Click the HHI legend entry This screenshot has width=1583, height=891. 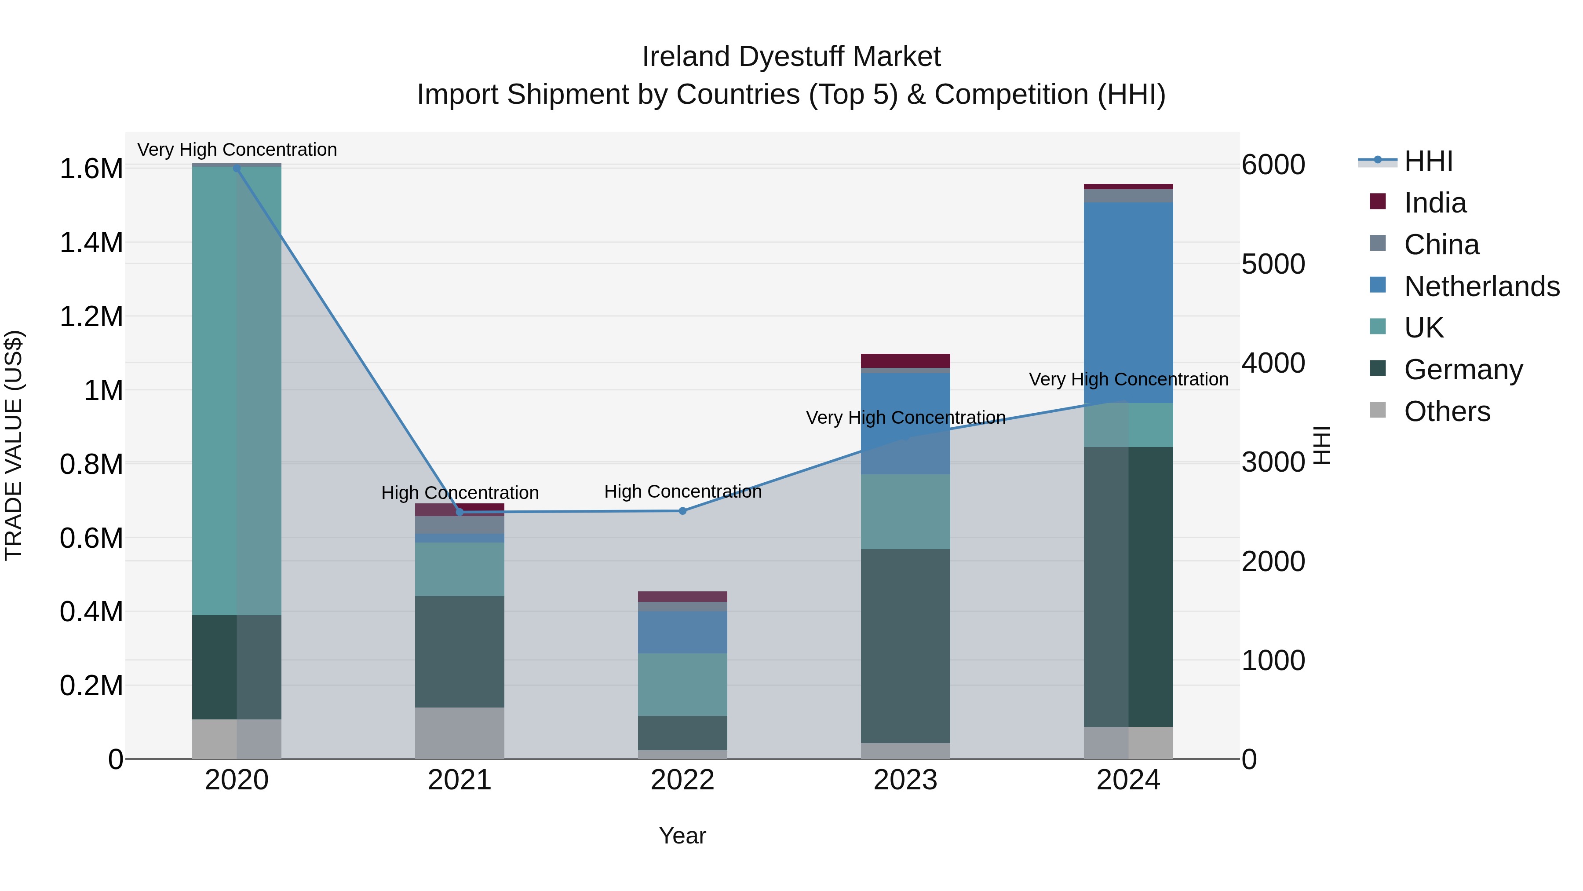(x=1428, y=161)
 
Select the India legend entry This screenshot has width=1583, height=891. (x=1435, y=203)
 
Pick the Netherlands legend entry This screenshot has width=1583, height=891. (x=1481, y=286)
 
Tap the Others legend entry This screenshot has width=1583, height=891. (x=1447, y=411)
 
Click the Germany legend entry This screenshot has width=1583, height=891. (x=1463, y=370)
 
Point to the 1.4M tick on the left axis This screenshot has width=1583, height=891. (x=91, y=243)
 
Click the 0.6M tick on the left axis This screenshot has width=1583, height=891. (x=91, y=538)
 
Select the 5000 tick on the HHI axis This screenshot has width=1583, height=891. (x=1273, y=264)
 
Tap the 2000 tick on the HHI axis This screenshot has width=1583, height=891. (x=1273, y=561)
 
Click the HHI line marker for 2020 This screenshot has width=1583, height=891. (x=237, y=168)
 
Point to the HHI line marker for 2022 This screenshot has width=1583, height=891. (x=682, y=511)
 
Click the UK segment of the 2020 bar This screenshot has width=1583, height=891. (x=237, y=390)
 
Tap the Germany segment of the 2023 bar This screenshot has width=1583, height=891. (x=905, y=645)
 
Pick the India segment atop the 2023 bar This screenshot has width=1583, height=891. (x=905, y=360)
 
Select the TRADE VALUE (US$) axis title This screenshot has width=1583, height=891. (x=14, y=445)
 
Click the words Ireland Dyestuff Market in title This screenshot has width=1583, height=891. (x=791, y=57)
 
